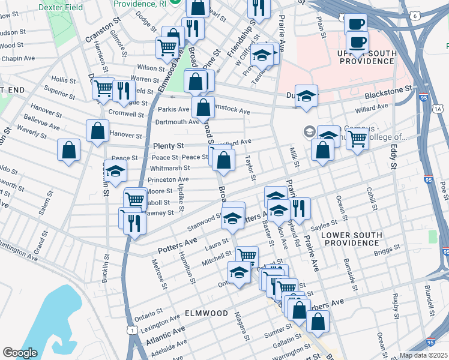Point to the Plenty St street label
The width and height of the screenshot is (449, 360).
(x=168, y=146)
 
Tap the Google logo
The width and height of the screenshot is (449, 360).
(x=20, y=353)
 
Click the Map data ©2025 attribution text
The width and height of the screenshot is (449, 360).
(x=423, y=355)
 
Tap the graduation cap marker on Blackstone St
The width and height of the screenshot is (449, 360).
(x=306, y=96)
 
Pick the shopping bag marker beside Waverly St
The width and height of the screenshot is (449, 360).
(x=69, y=150)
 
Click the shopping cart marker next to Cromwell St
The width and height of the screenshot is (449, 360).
(x=104, y=89)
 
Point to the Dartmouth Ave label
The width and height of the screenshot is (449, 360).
(x=178, y=122)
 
